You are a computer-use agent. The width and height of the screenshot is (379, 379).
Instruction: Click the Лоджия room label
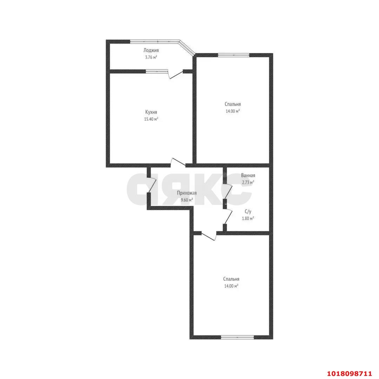pos(151,51)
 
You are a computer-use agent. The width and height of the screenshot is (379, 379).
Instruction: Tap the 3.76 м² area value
pos(151,57)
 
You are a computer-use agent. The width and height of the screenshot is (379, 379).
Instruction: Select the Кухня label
pos(151,112)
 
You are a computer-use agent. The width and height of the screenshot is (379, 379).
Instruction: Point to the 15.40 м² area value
pos(151,119)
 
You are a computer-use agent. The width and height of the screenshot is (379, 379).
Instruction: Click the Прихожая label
pos(187,193)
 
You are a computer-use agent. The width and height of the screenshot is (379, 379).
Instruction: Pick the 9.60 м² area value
pos(187,200)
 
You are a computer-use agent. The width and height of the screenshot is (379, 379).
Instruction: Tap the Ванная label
pos(248,175)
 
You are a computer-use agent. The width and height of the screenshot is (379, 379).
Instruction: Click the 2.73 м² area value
pos(248,182)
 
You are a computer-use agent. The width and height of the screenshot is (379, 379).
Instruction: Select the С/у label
pos(248,212)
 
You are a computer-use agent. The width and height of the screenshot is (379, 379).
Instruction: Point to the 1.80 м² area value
pos(248,219)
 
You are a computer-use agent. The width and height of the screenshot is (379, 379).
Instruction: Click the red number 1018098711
pos(350,374)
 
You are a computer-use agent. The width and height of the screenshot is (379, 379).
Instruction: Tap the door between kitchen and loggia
pos(176,74)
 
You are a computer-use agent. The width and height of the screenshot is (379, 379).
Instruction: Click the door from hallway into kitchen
pos(178,162)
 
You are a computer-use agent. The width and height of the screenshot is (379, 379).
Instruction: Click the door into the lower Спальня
pos(209,236)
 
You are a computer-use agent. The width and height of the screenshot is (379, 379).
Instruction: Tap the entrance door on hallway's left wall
pos(152,185)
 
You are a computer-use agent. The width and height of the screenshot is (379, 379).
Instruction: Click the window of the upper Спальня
pos(233,55)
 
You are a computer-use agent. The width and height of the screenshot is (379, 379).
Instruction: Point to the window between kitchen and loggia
pos(157,71)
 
